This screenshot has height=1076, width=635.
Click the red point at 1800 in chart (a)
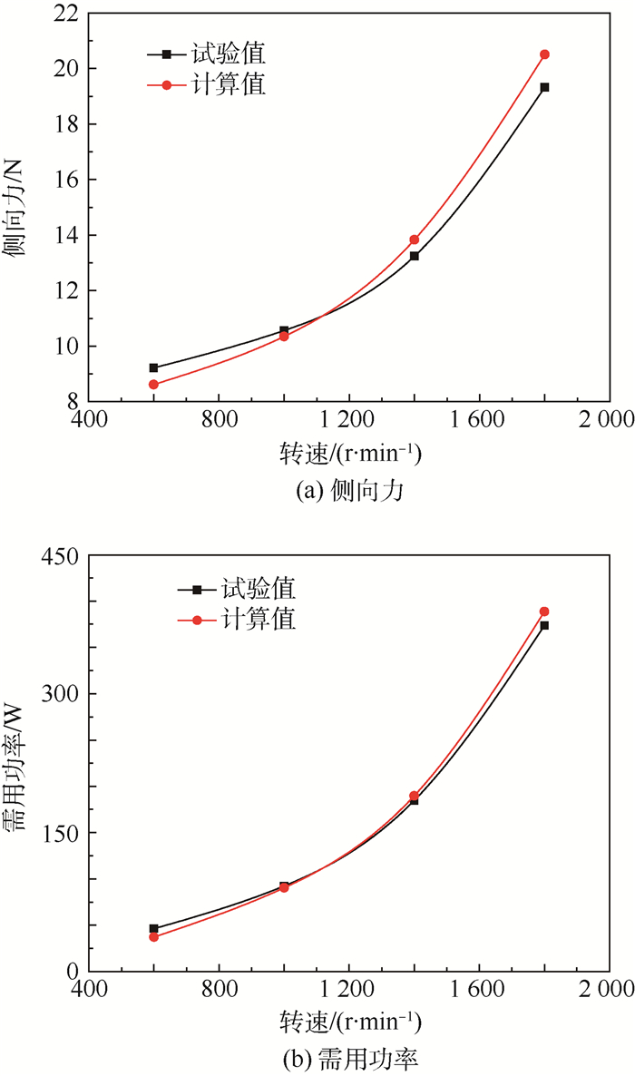coord(544,54)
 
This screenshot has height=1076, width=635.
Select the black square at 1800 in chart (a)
coord(544,87)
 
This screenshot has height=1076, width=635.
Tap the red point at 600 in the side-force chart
coord(153,385)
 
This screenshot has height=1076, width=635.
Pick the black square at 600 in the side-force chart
coord(153,367)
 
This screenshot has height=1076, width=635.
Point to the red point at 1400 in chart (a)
coord(414,240)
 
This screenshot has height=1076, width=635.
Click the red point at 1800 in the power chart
coord(544,611)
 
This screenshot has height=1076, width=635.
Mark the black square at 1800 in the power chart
coord(544,625)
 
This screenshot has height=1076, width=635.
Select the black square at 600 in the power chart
coord(153,928)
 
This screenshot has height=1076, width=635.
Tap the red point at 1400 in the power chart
coord(414,796)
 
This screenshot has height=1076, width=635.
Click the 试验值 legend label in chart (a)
coord(228,54)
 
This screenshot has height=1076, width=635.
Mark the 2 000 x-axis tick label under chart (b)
coord(609,991)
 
